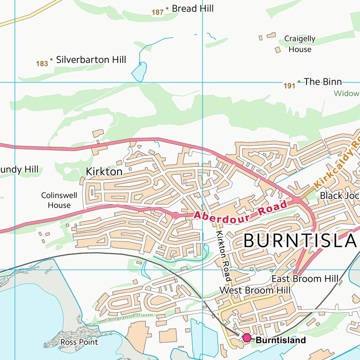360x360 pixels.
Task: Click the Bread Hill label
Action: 193,8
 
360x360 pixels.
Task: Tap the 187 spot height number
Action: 157,12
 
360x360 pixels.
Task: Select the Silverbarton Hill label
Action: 91,60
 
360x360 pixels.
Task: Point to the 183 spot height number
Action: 42,63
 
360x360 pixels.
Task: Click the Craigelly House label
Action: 300,44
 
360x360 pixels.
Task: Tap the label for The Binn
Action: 322,82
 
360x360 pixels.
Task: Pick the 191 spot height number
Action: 289,86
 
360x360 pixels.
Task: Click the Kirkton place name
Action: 104,172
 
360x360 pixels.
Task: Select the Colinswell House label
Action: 56,200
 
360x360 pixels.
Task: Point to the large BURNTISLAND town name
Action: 300,241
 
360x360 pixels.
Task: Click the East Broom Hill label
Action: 305,279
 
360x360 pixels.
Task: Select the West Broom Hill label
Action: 255,291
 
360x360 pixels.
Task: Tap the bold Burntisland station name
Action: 281,340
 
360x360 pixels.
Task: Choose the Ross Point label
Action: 79,342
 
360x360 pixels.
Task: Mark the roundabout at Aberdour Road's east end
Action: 297,200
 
